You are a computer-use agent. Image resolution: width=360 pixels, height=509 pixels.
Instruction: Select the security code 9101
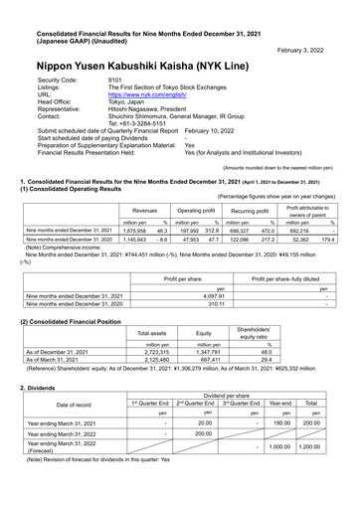[114, 78]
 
